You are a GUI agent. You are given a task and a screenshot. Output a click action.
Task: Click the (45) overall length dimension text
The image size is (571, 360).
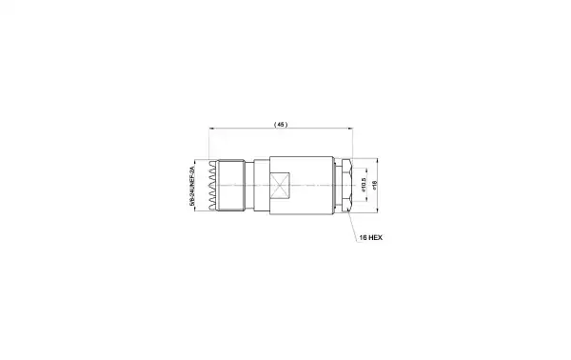point(280,125)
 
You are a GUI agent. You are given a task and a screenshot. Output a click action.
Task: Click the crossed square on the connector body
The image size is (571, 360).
point(281,186)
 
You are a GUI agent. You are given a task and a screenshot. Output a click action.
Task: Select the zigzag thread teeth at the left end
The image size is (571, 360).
point(212,186)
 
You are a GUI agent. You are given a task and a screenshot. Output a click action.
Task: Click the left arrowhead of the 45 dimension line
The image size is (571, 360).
point(210,129)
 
